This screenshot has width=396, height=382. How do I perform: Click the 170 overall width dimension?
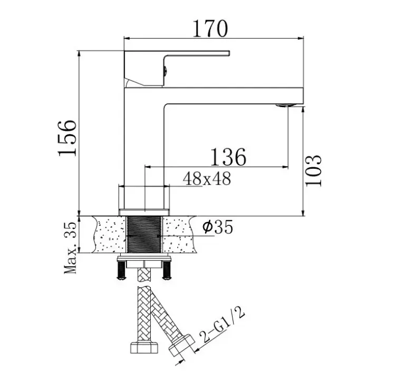coord(210,28)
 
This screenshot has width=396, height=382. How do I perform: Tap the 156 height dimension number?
coord(67,138)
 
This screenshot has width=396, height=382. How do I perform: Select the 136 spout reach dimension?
coord(228,157)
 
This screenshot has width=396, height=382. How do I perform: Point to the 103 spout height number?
coord(313,170)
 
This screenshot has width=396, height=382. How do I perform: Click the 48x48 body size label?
coord(207,179)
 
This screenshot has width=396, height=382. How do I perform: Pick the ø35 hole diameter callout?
coord(217,227)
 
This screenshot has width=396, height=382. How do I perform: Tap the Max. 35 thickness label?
coord(70,248)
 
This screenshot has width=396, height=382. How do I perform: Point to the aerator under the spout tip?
coord(286,106)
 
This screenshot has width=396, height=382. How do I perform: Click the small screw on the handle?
coord(165,71)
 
